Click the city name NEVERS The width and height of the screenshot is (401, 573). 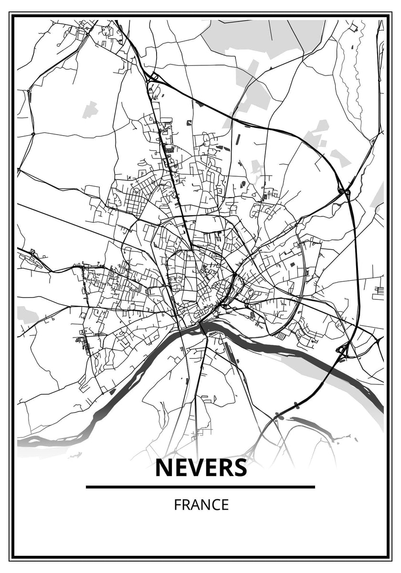[x=201, y=468]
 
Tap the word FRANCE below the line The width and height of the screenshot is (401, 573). [x=201, y=505]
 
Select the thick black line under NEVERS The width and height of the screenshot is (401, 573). [x=200, y=487]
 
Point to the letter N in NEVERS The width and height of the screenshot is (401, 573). [x=164, y=468]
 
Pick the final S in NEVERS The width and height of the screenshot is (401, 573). [x=239, y=468]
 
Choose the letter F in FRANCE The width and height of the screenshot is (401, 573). [x=177, y=505]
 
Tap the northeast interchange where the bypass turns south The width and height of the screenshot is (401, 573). [x=344, y=191]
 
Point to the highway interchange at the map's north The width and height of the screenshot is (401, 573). [x=154, y=76]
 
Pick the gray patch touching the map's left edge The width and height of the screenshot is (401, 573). [x=26, y=315]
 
